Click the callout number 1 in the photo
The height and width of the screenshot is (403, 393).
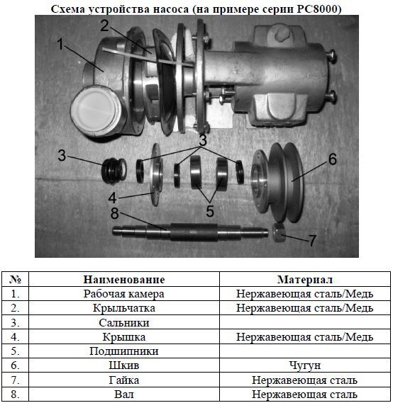[60, 44]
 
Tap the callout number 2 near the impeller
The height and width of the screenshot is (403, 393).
[105, 25]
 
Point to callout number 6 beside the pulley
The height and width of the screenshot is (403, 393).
[332, 159]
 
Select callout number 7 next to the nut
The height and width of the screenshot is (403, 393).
[312, 240]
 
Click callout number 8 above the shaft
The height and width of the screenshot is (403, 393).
[114, 213]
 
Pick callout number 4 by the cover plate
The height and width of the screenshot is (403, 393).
[113, 198]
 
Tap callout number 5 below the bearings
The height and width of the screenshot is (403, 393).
[210, 211]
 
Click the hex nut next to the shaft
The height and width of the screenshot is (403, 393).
[279, 232]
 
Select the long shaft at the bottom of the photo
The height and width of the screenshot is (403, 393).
[190, 232]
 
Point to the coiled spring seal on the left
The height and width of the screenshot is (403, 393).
[114, 171]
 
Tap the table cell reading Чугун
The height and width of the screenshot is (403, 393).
[305, 365]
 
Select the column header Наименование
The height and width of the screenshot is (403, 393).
[124, 279]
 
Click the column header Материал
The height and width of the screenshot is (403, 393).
[305, 279]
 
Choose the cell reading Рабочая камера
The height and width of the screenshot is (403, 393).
[124, 294]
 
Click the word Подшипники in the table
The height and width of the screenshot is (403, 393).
[124, 351]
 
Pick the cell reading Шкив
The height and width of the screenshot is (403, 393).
[124, 365]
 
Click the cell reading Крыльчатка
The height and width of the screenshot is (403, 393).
[124, 308]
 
